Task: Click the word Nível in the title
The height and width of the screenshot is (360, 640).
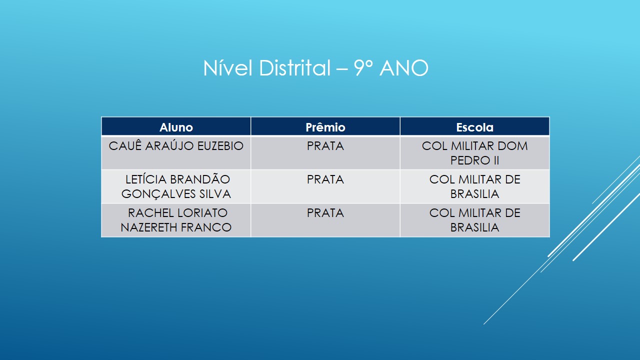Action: (227, 68)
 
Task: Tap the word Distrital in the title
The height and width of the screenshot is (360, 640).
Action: (295, 68)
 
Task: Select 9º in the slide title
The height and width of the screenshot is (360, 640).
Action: (363, 68)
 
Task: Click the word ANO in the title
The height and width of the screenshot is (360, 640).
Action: (404, 68)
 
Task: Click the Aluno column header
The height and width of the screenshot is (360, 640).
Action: (176, 127)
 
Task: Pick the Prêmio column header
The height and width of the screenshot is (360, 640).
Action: (325, 127)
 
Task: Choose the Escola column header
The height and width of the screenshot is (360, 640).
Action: (475, 127)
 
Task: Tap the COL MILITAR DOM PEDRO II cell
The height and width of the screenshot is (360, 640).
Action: (475, 153)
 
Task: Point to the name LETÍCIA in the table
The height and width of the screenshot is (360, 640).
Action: (145, 179)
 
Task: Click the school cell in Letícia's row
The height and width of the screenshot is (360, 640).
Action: (475, 186)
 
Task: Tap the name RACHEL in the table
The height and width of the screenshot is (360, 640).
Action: (150, 213)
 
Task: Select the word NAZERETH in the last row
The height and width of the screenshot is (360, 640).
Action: (148, 227)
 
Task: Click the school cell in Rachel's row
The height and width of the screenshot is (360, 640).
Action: (475, 220)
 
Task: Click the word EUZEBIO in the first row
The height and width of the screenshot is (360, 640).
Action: (220, 146)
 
